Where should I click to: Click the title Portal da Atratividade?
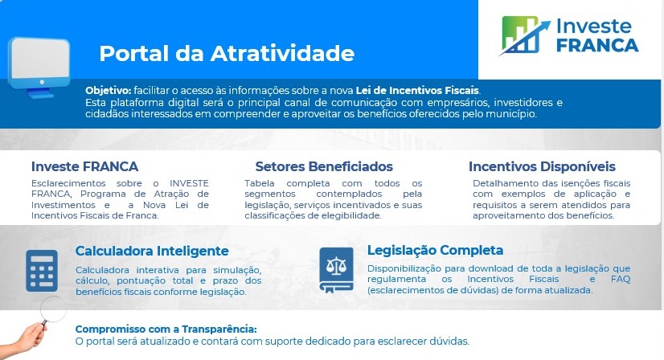pos(227,53)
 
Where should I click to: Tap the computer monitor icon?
pos(39,67)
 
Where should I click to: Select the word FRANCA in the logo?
pos(597,45)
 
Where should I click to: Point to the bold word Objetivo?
pos(109,91)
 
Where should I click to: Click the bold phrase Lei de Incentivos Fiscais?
pos(417,91)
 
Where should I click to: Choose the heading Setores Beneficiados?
pos(324,166)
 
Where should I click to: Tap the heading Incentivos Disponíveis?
pos(542,166)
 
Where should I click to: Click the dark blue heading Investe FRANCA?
pos(84,166)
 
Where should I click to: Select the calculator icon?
pos(42,271)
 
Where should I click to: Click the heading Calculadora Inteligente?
pos(152,251)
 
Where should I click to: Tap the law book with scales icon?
pos(336,270)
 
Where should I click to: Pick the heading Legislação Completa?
pos(436,250)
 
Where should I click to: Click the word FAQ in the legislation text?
pos(621,279)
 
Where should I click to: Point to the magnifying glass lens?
pos(53,309)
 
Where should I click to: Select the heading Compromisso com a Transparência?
pos(166,329)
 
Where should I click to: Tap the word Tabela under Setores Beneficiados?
pos(259,183)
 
